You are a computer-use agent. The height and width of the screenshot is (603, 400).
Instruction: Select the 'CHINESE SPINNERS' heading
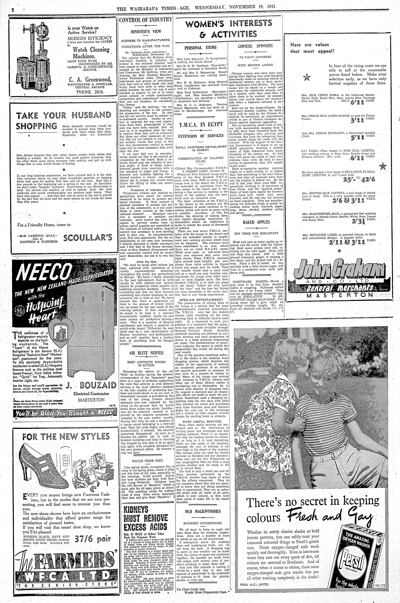coord(255,46)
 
